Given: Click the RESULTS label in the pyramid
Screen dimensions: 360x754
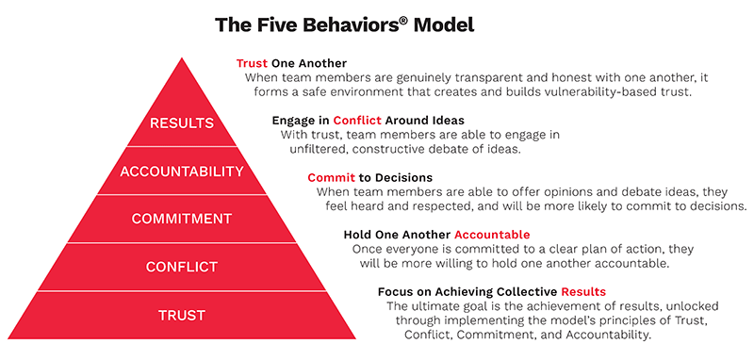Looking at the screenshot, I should coord(183,123).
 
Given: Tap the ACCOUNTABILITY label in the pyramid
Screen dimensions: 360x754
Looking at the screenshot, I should coord(183,172).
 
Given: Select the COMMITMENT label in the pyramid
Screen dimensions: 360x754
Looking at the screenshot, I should coord(183,219).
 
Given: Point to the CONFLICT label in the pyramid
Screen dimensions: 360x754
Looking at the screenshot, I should coord(183,267).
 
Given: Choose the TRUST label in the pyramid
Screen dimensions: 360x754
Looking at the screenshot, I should coord(183,315).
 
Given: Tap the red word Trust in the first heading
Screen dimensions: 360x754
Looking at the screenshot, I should coord(254,63).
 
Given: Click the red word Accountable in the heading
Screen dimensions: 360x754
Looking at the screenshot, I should coord(492,234).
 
